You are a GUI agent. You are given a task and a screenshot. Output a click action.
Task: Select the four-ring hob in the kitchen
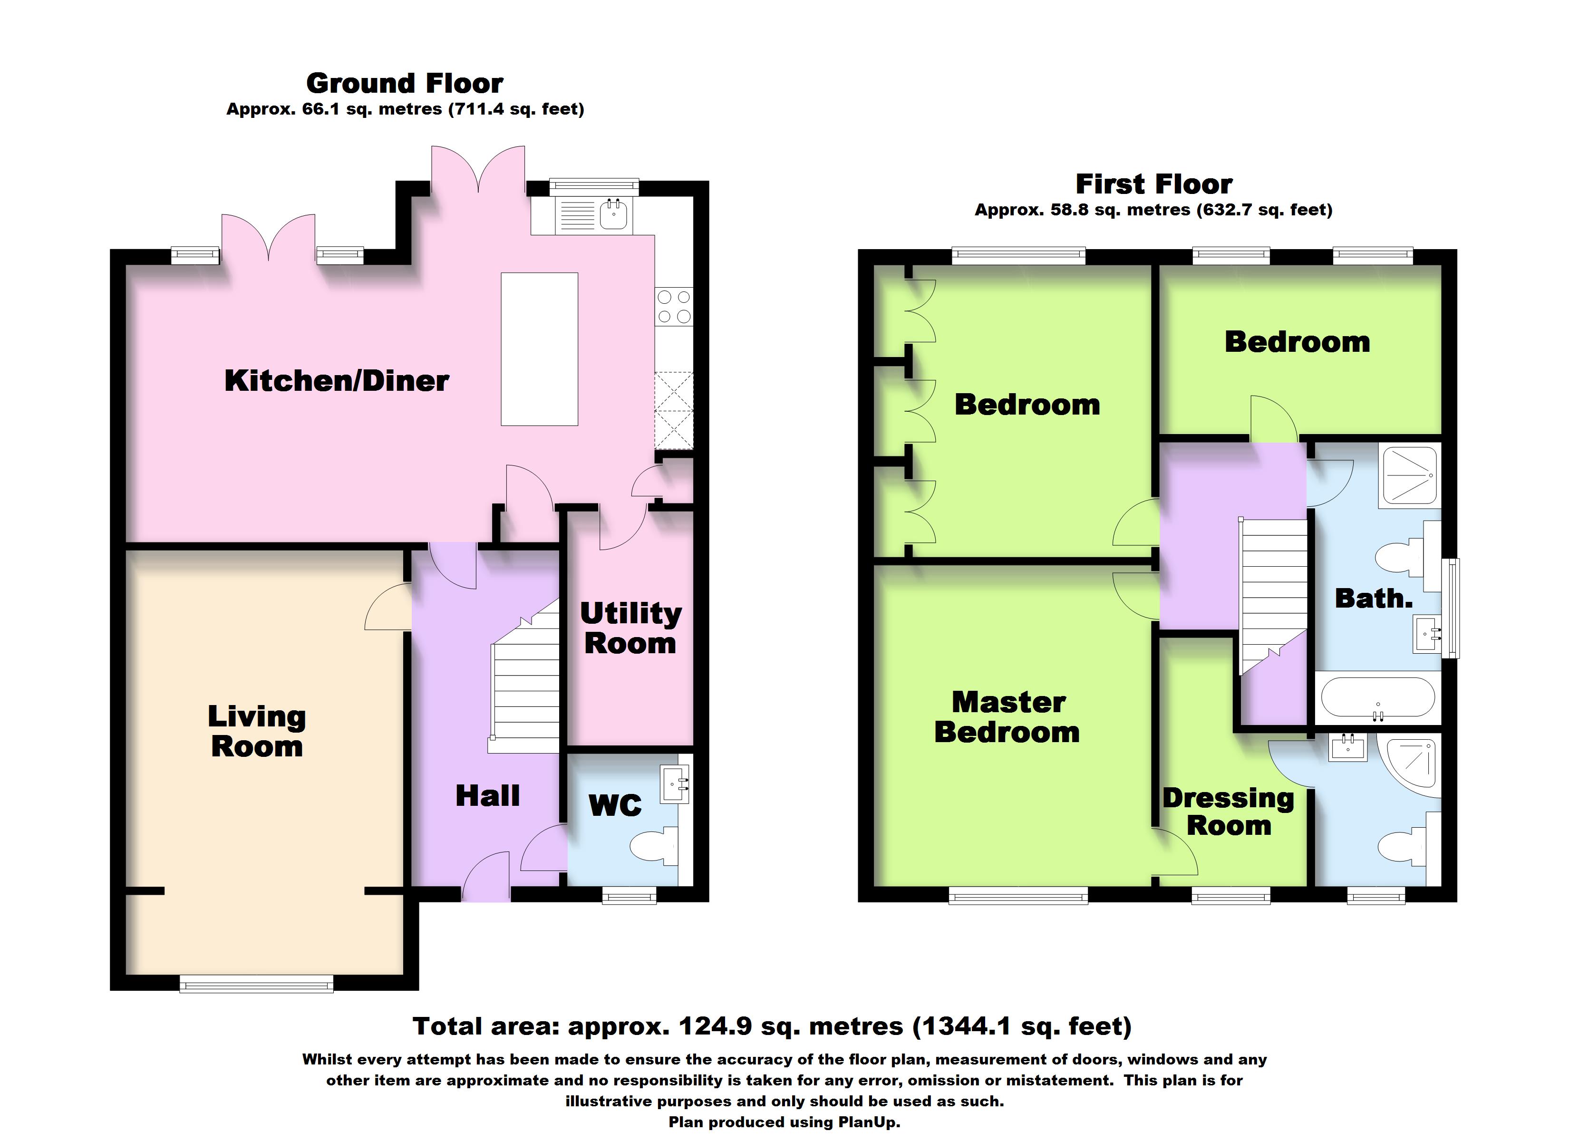tap(674, 307)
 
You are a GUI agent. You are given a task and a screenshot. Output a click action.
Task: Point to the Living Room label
tap(257, 731)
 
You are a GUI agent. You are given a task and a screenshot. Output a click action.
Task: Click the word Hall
tap(488, 796)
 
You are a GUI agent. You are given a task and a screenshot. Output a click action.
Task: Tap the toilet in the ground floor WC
tap(654, 846)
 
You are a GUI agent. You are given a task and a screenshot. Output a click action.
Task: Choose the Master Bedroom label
tap(1007, 717)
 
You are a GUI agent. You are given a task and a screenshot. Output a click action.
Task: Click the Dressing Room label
tap(1229, 812)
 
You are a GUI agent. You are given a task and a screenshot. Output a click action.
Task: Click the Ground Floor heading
tap(405, 84)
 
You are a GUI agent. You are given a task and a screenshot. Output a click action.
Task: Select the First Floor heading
tap(1154, 184)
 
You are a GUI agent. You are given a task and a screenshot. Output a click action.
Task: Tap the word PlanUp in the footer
tap(868, 1122)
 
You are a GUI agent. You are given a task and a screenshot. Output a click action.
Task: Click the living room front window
tap(257, 984)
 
